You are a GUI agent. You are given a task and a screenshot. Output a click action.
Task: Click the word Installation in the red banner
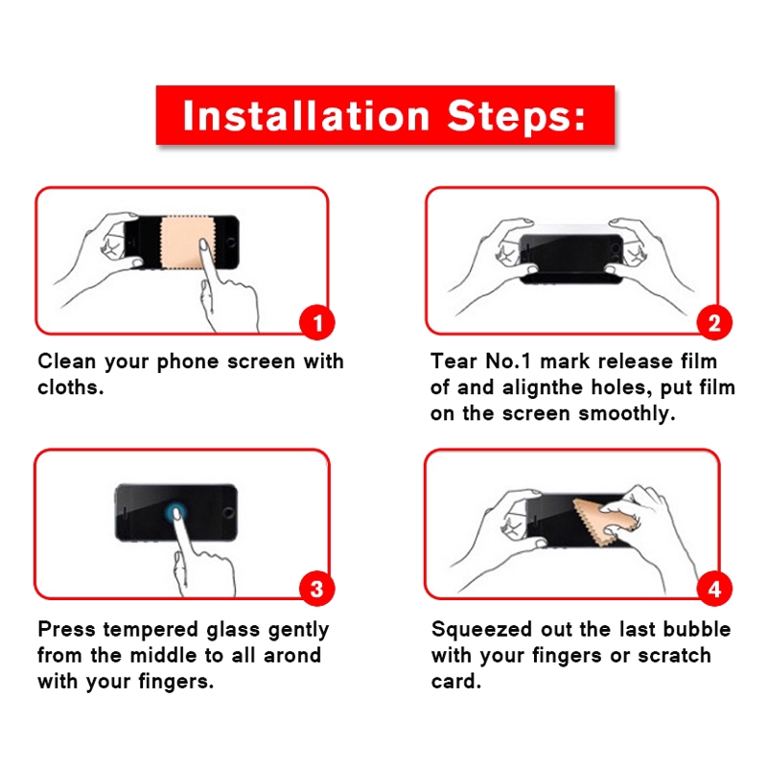click(306, 116)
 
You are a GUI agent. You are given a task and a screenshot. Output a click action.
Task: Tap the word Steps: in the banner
click(517, 115)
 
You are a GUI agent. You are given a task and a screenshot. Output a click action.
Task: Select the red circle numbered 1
click(317, 322)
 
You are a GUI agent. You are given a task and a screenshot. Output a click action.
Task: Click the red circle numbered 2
click(714, 322)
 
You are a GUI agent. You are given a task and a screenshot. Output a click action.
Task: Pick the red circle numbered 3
click(317, 589)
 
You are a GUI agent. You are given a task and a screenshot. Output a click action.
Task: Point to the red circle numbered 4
click(714, 589)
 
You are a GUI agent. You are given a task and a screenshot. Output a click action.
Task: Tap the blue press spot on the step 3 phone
click(175, 512)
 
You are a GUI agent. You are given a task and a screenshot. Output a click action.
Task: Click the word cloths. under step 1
click(71, 387)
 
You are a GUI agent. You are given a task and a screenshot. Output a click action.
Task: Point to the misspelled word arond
click(292, 656)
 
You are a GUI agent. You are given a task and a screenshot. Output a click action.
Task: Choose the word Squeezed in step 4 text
click(481, 630)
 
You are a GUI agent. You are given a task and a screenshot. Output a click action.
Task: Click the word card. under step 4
click(456, 682)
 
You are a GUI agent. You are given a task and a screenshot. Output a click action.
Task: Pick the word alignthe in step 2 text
click(543, 388)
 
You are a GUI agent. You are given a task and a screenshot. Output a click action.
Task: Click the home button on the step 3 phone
click(228, 513)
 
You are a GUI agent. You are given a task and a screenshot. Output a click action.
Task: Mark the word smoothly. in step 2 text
click(627, 414)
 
